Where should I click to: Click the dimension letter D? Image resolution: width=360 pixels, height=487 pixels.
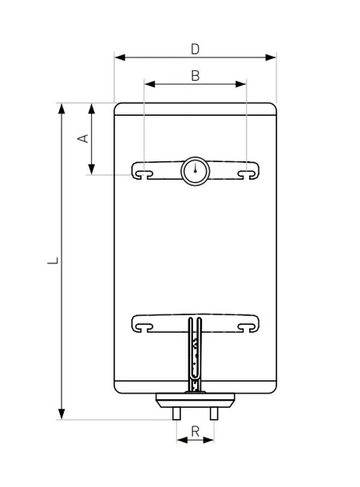pos(195,49)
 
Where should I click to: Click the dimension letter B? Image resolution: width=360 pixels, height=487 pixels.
pos(196,76)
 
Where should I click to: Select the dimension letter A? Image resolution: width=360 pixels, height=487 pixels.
pos(83,139)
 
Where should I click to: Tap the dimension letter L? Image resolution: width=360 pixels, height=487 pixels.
pos(53,260)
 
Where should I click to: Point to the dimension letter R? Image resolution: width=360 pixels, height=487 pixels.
pos(196,431)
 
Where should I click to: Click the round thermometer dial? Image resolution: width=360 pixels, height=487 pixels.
pos(195,171)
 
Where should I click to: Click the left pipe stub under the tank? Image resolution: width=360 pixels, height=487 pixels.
pos(176,414)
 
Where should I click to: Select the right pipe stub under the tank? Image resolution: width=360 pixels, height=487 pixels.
pos(214,414)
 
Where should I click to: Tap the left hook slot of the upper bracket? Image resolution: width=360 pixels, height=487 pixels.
pos(144,173)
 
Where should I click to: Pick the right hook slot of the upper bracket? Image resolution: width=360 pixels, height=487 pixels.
pos(247,173)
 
